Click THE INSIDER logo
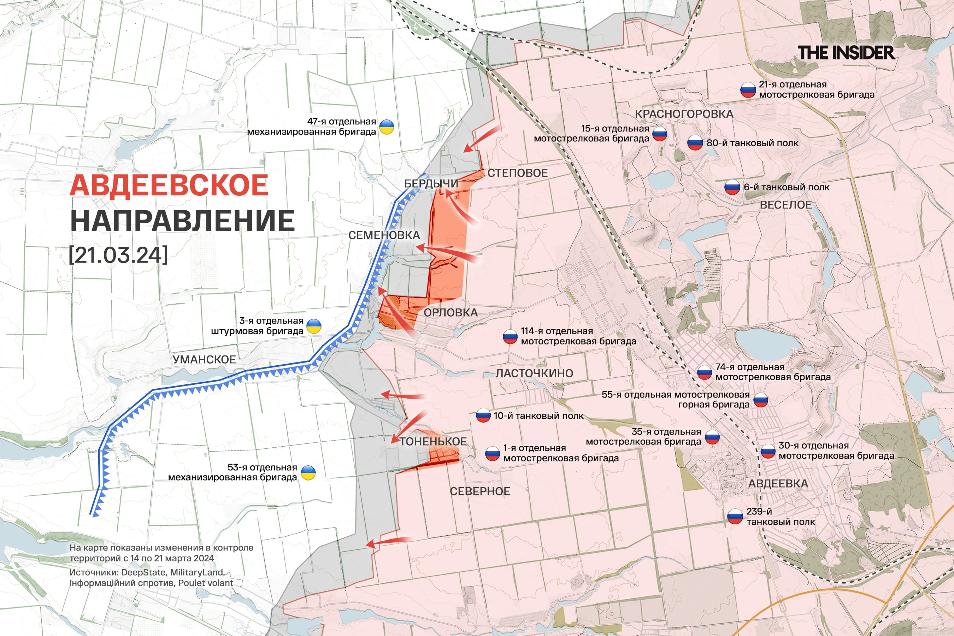(846, 53)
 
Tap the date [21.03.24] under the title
(118, 255)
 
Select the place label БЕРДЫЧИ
(431, 184)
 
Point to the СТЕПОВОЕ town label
(517, 173)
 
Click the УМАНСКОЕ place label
(204, 360)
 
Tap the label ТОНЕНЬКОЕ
(433, 442)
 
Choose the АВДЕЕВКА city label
(778, 484)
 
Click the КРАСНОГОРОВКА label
(684, 114)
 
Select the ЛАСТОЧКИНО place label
(534, 373)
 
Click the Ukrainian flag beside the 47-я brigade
(387, 127)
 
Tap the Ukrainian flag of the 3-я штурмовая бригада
(313, 326)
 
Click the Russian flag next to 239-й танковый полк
(735, 517)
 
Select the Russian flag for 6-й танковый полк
(732, 187)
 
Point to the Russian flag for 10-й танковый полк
(483, 416)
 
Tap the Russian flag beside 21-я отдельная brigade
(748, 90)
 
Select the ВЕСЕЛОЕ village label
(786, 205)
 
